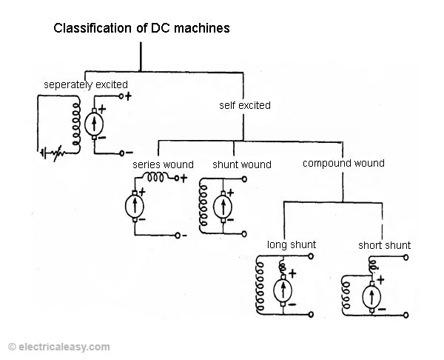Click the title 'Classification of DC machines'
pos(141,28)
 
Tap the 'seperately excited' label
pos(86,84)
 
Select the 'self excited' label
pos(245,105)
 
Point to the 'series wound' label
pos(163,164)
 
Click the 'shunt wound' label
pos(242,164)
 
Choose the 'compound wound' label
pos(343,163)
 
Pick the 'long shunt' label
pos(292,244)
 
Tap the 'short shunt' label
pos(384,245)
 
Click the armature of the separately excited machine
pos(94,124)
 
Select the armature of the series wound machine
pos(135,206)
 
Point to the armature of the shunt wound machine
pos(223,207)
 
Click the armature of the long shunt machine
pos(283,290)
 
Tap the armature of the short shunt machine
pos(371,296)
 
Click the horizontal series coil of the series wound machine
pos(155,178)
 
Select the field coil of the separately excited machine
pos(76,124)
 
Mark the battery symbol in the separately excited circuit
pos(44,153)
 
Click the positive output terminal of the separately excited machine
pos(121,96)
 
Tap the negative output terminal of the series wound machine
pos(178,236)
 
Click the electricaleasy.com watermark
pos(59,347)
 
